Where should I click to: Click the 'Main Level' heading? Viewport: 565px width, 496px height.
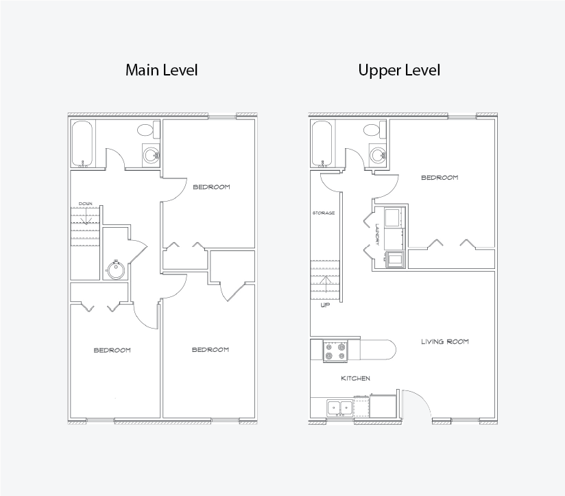tap(161, 70)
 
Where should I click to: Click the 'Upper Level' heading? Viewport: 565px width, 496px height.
tap(399, 70)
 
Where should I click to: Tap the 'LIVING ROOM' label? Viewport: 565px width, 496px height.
tap(445, 342)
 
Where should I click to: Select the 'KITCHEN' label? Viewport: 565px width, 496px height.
tap(356, 378)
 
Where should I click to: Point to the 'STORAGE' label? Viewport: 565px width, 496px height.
tap(324, 213)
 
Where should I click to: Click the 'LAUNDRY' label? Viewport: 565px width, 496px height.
tap(377, 235)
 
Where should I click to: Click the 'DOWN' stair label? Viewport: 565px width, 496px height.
tap(86, 204)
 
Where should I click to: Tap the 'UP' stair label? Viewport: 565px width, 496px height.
tap(325, 305)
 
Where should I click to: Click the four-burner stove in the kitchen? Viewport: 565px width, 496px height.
tap(335, 351)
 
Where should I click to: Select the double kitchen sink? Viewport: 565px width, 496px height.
tap(340, 408)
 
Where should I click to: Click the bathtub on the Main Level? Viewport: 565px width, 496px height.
tap(82, 144)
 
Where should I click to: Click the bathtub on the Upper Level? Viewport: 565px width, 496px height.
tap(322, 144)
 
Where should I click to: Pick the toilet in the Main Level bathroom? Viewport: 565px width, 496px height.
tap(149, 130)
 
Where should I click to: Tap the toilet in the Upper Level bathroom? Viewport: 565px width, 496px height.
tap(375, 130)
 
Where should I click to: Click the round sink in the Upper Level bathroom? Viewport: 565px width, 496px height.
tap(378, 156)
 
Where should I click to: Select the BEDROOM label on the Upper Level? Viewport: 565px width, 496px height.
tap(440, 178)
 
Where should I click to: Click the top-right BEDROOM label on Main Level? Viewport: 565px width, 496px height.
tap(211, 187)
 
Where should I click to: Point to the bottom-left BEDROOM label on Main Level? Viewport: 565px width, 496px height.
tap(112, 350)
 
